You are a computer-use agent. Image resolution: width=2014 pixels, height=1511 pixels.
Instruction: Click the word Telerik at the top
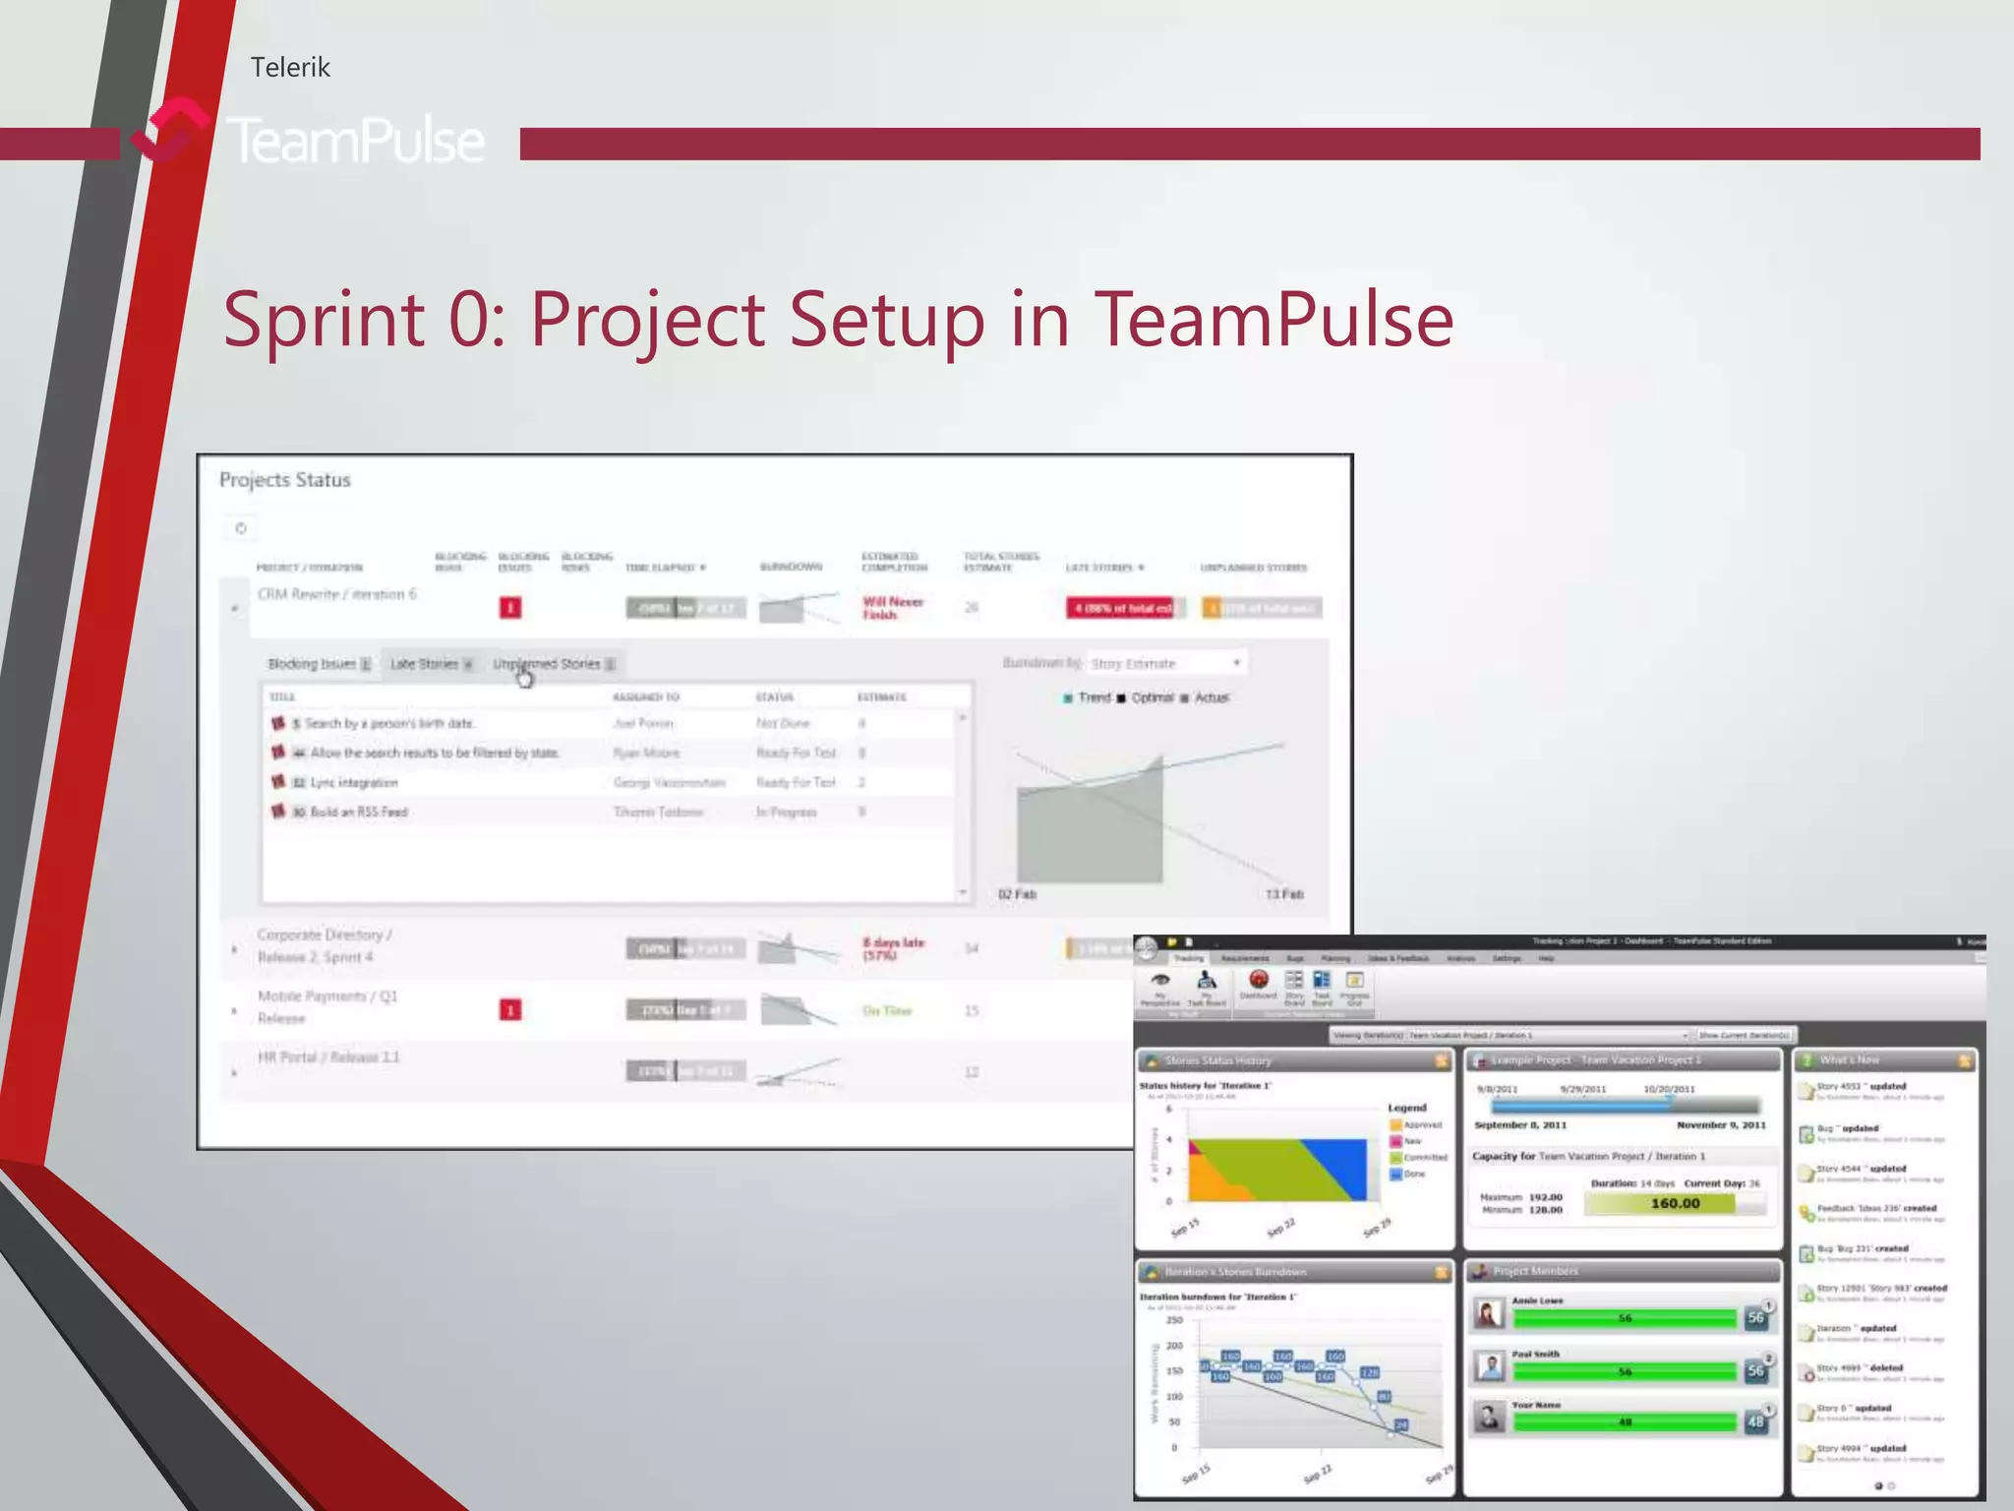(290, 67)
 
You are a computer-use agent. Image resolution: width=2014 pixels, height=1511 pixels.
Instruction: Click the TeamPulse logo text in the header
(355, 141)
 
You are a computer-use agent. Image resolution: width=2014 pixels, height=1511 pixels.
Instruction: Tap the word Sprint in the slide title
(324, 320)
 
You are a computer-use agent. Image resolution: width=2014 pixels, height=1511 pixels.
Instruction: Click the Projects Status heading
(284, 480)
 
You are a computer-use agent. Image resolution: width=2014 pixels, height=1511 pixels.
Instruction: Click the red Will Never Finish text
(893, 608)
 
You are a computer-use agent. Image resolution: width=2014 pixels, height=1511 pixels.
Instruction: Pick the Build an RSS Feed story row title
(358, 813)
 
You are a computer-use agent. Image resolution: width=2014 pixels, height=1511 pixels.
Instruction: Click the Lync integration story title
(354, 783)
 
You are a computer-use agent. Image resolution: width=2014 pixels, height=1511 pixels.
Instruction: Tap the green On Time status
(887, 1011)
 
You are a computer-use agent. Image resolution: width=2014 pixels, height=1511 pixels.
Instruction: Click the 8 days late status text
(893, 948)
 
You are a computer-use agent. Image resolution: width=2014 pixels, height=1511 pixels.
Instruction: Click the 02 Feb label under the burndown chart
(1017, 894)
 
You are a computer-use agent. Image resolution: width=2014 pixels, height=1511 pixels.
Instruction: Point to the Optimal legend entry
(1152, 697)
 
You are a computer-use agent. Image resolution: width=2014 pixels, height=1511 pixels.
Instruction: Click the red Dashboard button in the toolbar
(1258, 981)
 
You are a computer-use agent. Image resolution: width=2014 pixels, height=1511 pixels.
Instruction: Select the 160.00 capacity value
(1675, 1203)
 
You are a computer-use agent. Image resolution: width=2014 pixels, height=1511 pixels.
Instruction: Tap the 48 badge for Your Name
(1755, 1421)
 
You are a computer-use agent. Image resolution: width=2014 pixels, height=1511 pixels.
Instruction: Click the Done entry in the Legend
(1414, 1174)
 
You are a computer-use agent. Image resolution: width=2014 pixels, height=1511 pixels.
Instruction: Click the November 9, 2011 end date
(1721, 1124)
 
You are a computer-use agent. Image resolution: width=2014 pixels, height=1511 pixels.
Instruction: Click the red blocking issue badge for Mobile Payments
(510, 1010)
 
